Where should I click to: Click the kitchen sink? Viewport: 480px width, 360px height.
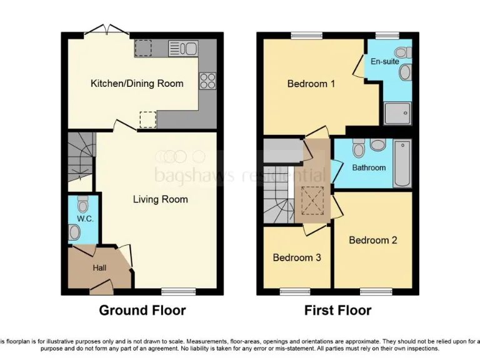[x=183, y=47]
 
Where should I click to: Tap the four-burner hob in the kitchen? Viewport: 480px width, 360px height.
[x=207, y=81]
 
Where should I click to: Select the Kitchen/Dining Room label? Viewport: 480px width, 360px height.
[x=137, y=83]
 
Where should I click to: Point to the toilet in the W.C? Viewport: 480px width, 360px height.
[x=83, y=204]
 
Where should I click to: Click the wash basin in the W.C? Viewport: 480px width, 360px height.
[x=74, y=233]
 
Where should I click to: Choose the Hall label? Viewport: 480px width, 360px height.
[x=99, y=267]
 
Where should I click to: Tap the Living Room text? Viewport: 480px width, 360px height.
[x=160, y=199]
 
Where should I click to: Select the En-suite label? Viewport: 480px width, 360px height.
[x=384, y=62]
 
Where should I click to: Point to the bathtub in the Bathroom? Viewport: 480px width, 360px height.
[x=402, y=164]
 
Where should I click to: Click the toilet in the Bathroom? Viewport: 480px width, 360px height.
[x=358, y=149]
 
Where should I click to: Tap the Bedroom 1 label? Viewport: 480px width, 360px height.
[x=311, y=83]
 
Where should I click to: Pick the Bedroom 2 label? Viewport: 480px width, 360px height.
[x=372, y=240]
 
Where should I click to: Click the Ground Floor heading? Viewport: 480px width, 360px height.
[x=142, y=310]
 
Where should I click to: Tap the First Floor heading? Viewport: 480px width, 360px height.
[x=337, y=310]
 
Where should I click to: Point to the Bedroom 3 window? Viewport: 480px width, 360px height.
[x=294, y=291]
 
